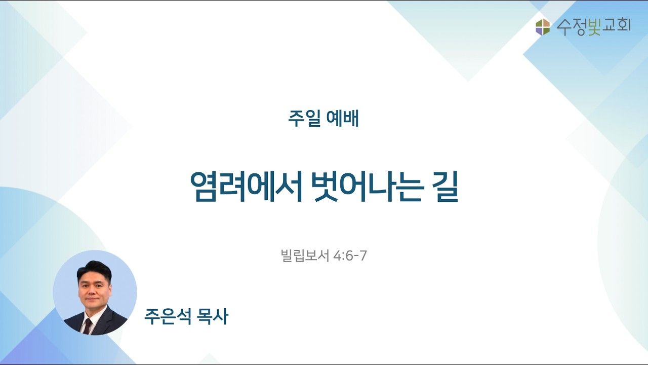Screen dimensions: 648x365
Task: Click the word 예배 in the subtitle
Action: (x=342, y=119)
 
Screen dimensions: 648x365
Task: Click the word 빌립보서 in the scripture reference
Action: (x=305, y=256)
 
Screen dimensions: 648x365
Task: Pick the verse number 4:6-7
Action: (x=350, y=256)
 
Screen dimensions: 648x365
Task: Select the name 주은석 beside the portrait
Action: (x=168, y=316)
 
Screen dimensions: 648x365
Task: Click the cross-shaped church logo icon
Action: (x=542, y=27)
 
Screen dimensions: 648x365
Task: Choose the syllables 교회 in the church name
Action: (x=617, y=26)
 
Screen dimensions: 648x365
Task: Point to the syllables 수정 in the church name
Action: (x=570, y=27)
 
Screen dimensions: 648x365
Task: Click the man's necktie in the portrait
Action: (x=88, y=326)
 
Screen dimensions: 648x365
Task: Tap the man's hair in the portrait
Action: (x=95, y=269)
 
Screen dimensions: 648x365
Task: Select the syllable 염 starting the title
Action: (x=204, y=187)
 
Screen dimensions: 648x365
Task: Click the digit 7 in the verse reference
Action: (x=363, y=256)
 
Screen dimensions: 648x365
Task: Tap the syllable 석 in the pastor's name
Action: (x=183, y=316)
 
